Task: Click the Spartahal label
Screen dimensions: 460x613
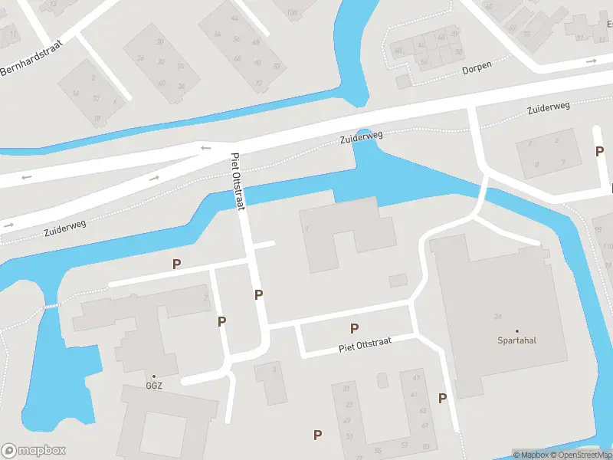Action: click(x=516, y=340)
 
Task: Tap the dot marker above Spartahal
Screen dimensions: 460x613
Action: click(x=516, y=330)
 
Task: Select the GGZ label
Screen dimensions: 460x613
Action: click(x=153, y=386)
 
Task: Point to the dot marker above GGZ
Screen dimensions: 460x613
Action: click(x=153, y=376)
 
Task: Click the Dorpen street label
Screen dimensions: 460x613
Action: click(x=476, y=69)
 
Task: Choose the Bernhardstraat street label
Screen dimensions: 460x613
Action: click(x=31, y=58)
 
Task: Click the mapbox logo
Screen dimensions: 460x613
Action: click(x=34, y=451)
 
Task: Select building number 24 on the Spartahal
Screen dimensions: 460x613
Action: click(x=497, y=316)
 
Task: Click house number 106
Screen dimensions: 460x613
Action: click(x=292, y=12)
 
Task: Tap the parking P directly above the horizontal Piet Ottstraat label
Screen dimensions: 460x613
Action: click(x=354, y=328)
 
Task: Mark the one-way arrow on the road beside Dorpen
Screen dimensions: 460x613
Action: click(x=592, y=61)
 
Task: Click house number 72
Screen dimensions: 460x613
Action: click(x=258, y=83)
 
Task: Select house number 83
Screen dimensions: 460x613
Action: click(x=425, y=446)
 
